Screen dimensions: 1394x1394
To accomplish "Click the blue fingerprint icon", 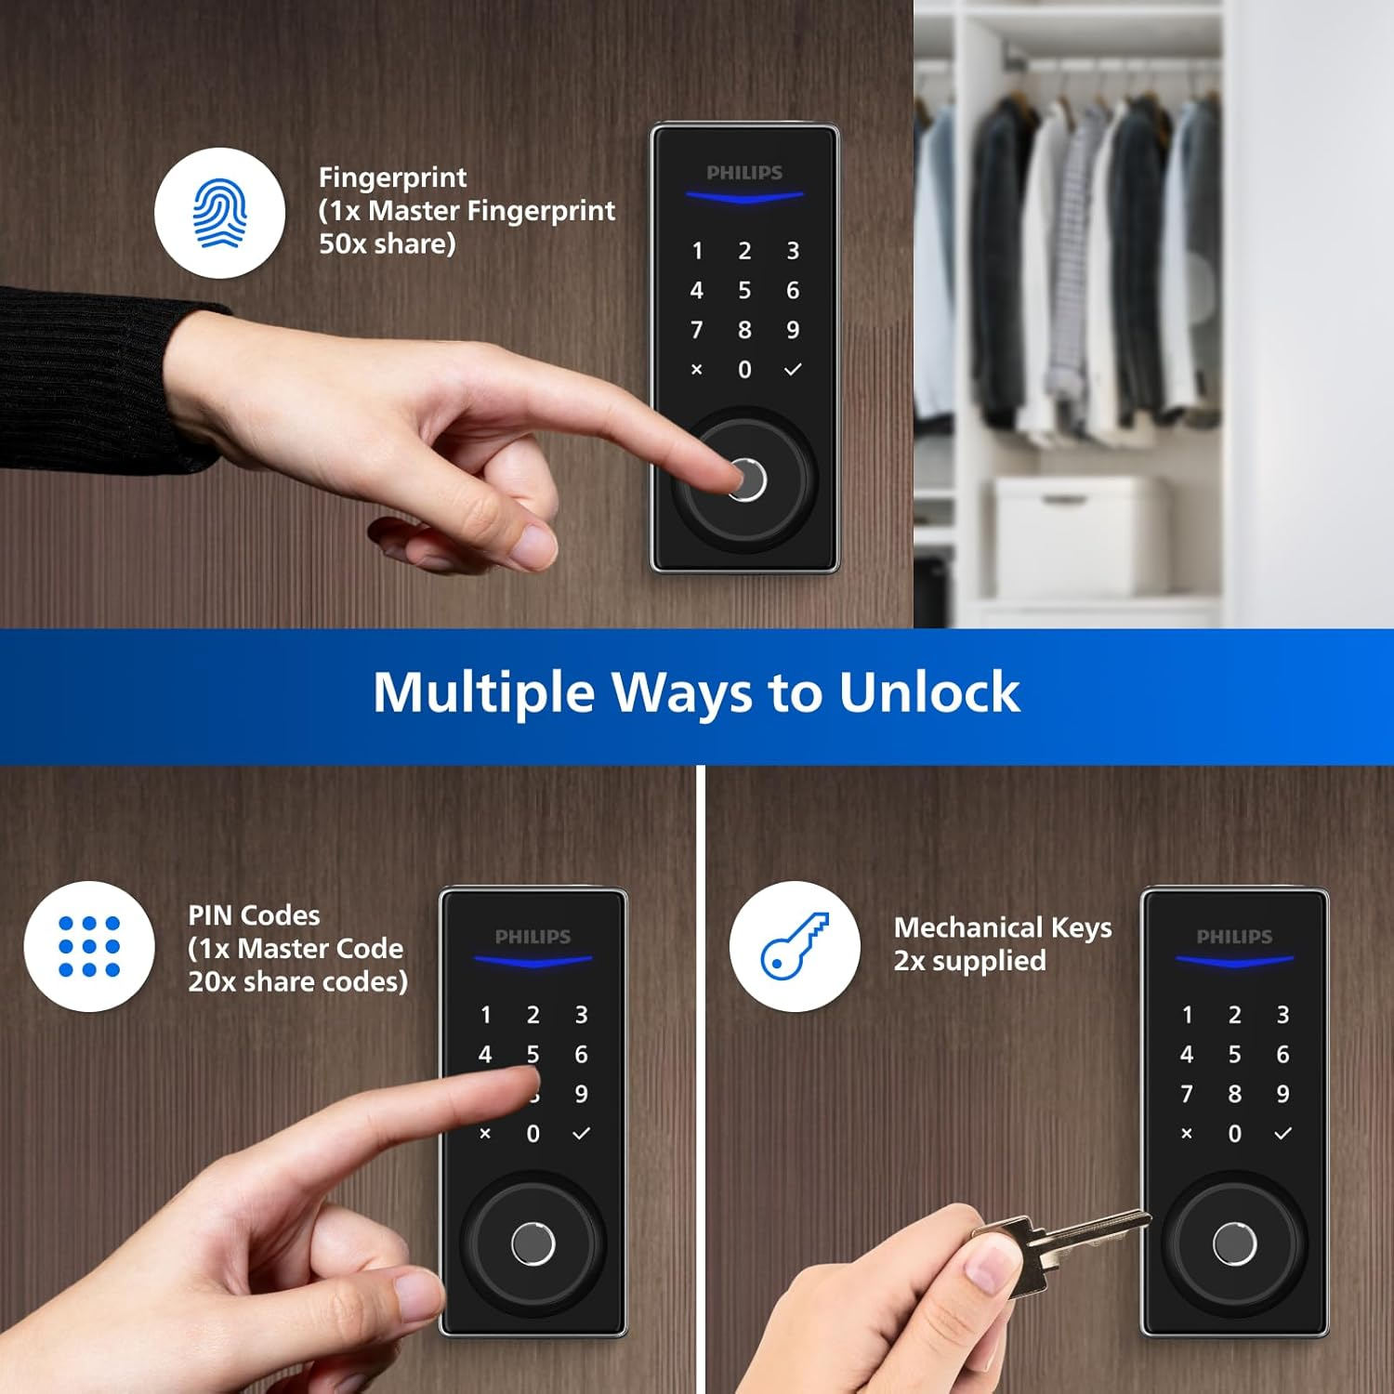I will pyautogui.click(x=220, y=213).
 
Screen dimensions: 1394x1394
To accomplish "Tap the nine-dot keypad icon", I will pyautogui.click(x=89, y=946).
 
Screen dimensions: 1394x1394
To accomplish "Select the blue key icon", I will pyautogui.click(x=795, y=946).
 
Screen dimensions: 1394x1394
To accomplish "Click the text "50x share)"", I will pyautogui.click(x=387, y=243).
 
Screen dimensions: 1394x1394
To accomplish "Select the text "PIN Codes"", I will pyautogui.click(x=254, y=915).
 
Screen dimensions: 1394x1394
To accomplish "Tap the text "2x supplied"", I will pyautogui.click(x=969, y=960).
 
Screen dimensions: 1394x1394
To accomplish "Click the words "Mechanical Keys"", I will pyautogui.click(x=1002, y=927).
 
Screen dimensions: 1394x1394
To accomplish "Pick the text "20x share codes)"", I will pyautogui.click(x=297, y=981).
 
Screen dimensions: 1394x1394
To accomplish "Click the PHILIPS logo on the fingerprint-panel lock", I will pyautogui.click(x=744, y=173).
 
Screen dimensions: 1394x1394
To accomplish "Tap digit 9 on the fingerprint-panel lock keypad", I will pyautogui.click(x=793, y=330).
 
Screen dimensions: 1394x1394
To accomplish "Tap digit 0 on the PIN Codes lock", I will pyautogui.click(x=533, y=1134).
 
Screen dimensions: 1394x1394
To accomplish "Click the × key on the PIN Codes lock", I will pyautogui.click(x=485, y=1134).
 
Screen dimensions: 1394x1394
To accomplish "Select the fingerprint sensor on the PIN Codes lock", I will pyautogui.click(x=533, y=1243).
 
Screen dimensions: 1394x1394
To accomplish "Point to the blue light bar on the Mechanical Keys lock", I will pyautogui.click(x=1234, y=960).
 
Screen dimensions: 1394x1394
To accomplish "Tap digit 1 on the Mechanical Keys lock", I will pyautogui.click(x=1187, y=1015).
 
